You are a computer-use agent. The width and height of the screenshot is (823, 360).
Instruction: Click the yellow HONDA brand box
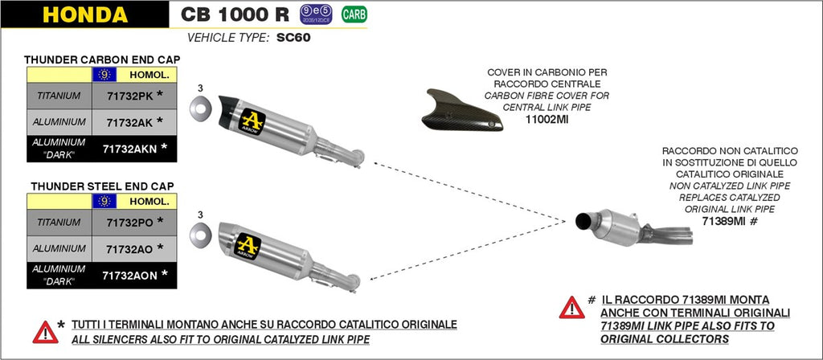pyautogui.click(x=84, y=15)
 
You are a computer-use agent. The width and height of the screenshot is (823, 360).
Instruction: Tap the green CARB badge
pyautogui.click(x=350, y=14)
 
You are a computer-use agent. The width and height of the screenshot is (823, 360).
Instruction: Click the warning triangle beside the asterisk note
pyautogui.click(x=43, y=330)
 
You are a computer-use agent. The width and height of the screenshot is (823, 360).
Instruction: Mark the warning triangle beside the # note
pyautogui.click(x=571, y=307)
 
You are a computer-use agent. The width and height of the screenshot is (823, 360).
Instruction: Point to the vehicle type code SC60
pyautogui.click(x=293, y=37)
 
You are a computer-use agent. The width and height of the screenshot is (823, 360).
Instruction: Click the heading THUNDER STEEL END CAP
pyautogui.click(x=101, y=186)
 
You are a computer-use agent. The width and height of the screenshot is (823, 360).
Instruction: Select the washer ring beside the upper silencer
pyautogui.click(x=199, y=108)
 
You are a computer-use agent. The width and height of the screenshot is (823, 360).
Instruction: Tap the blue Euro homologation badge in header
pyautogui.click(x=309, y=14)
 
